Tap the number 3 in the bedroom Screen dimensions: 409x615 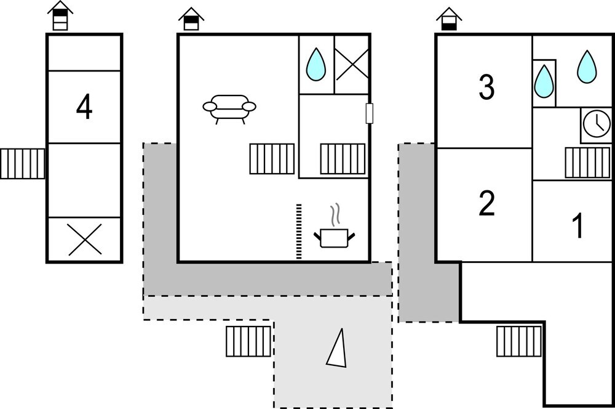click(x=486, y=88)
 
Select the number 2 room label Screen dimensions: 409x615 click(x=486, y=204)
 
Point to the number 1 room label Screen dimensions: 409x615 click(x=577, y=226)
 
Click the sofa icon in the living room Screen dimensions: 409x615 click(x=229, y=108)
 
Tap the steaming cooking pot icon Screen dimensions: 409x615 click(x=335, y=230)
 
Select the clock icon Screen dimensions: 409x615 click(x=596, y=124)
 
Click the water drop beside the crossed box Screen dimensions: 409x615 click(x=316, y=64)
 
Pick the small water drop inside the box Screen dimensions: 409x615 click(x=544, y=81)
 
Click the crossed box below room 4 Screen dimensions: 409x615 click(x=85, y=240)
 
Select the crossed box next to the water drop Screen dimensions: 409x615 click(x=352, y=64)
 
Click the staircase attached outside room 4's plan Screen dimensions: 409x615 click(x=23, y=164)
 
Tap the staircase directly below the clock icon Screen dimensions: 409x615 click(x=587, y=163)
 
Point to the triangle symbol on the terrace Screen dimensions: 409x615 click(x=337, y=348)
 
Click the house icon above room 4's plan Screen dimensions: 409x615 click(x=60, y=16)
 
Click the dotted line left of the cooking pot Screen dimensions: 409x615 click(x=300, y=231)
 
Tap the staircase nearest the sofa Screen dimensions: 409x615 click(x=272, y=159)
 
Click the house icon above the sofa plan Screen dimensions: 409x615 click(x=191, y=19)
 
